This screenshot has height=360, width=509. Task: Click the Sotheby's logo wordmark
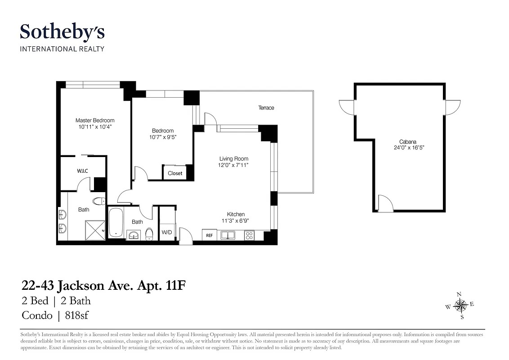pos(62,32)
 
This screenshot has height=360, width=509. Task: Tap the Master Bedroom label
pos(95,121)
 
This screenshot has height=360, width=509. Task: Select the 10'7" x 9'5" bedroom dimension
pos(162,137)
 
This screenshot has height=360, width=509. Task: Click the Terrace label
pos(266,108)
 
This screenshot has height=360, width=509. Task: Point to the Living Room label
pos(234,159)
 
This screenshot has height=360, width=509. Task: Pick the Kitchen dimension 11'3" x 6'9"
pos(236,221)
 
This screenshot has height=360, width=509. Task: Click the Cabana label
pos(408,141)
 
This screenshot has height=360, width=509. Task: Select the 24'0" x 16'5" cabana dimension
pos(408,148)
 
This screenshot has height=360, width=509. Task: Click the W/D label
pos(167,233)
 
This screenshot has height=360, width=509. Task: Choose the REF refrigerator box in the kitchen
pos(209,235)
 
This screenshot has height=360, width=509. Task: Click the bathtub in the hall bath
pos(115,222)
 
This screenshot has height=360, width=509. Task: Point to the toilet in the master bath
pos(98,201)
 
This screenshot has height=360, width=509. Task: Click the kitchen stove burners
pos(249,235)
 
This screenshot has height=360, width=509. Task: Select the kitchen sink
pos(228,235)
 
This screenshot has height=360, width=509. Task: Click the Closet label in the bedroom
pos(175,173)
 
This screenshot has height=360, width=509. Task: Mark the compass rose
pos(460,306)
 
